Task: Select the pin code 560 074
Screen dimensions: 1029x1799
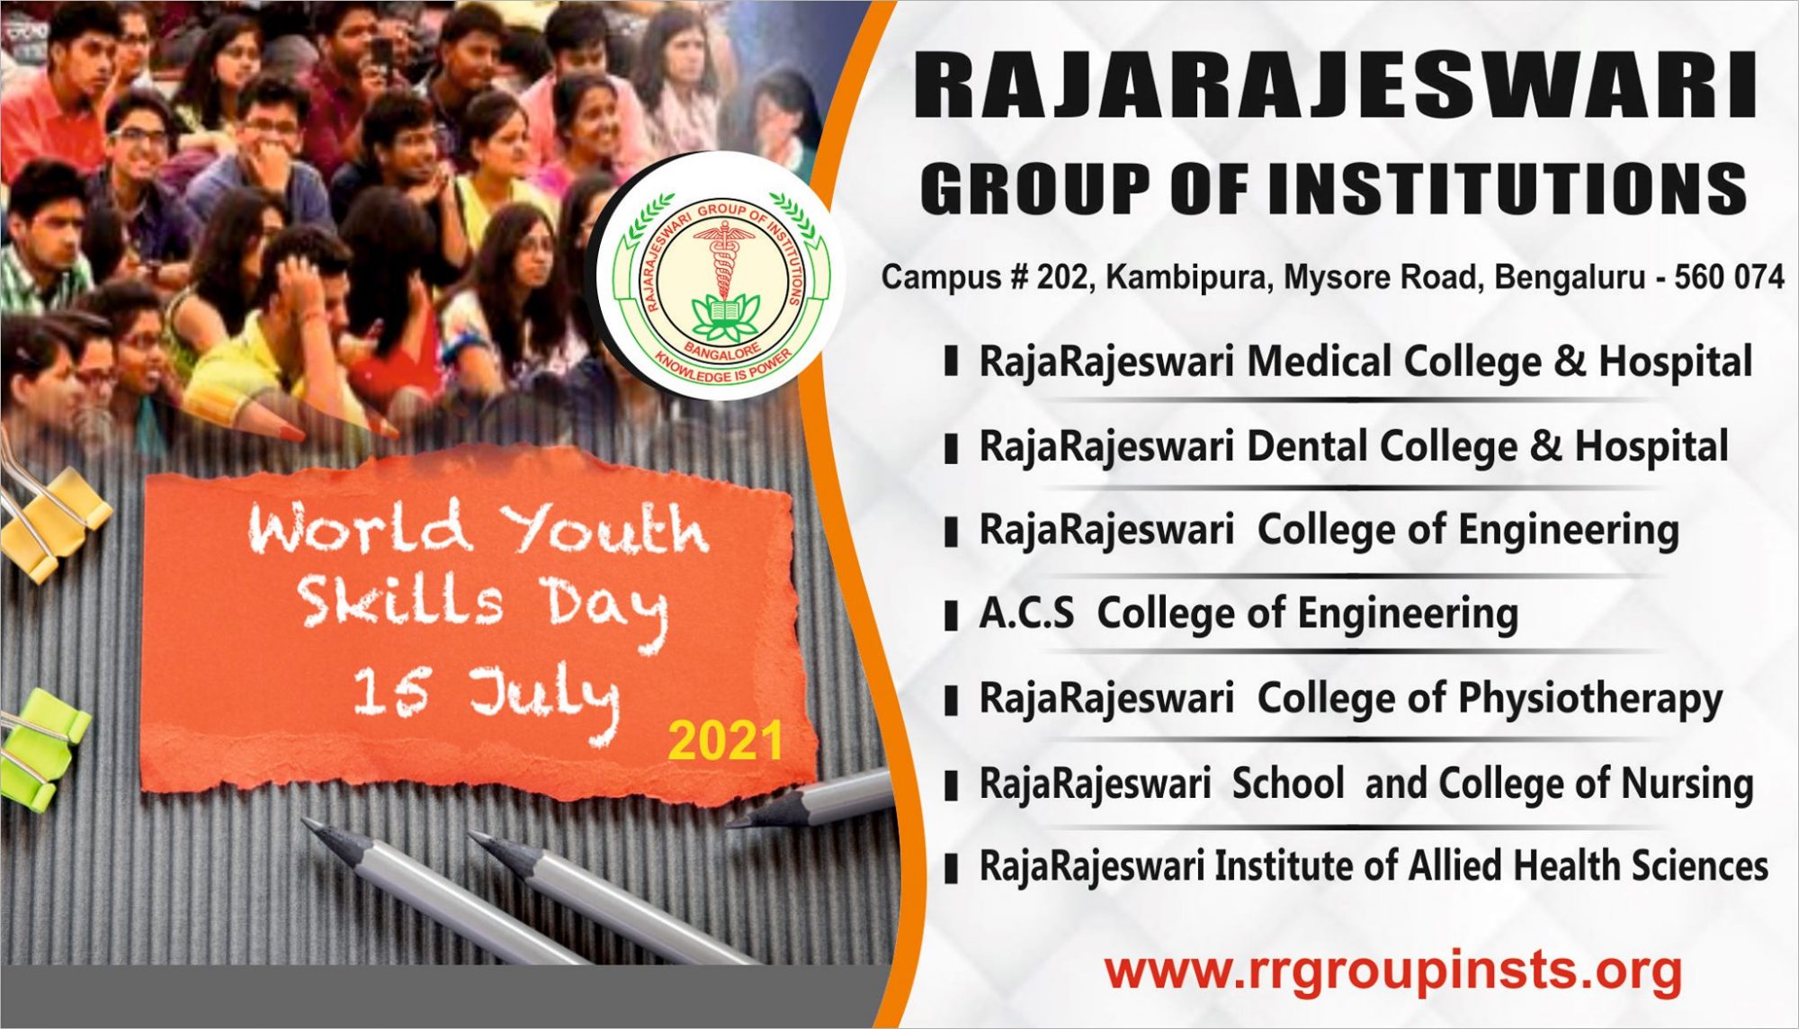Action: pos(1729,277)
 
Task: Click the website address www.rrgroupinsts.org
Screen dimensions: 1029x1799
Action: pos(1393,971)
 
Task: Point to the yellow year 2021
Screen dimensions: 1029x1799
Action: pos(725,742)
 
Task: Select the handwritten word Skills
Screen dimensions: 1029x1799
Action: pos(400,601)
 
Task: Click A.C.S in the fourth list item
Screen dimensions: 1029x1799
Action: pos(1025,614)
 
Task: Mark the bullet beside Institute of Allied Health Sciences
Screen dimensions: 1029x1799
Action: pos(950,869)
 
